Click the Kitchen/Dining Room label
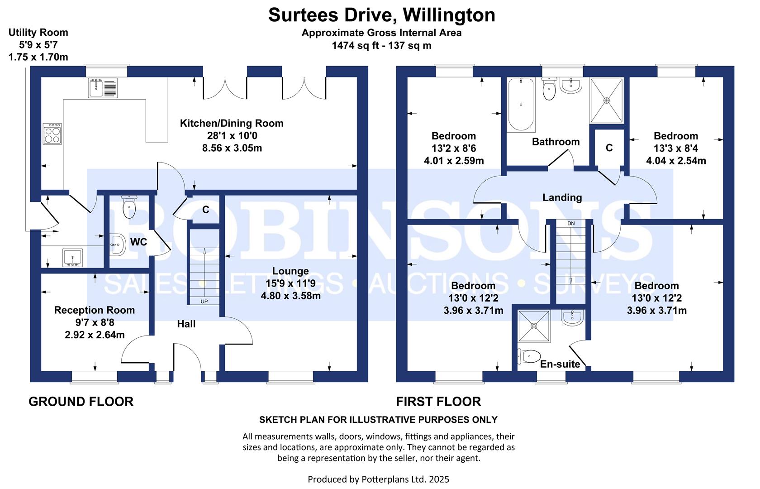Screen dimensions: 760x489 click(232, 123)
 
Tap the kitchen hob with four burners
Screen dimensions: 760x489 click(52, 134)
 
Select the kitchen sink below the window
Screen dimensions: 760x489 click(103, 88)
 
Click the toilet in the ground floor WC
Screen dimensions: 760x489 click(129, 206)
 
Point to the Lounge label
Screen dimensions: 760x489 click(290, 271)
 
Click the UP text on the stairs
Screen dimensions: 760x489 click(204, 302)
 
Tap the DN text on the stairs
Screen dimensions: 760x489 click(571, 224)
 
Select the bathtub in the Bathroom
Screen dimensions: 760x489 click(521, 105)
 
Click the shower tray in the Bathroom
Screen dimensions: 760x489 click(607, 101)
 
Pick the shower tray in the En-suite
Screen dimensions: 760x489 click(534, 326)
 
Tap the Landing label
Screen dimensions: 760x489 click(562, 197)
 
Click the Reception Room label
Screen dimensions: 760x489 click(94, 310)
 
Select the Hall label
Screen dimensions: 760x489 click(186, 324)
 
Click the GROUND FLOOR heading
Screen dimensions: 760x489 click(81, 402)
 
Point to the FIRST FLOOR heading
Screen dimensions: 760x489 click(438, 402)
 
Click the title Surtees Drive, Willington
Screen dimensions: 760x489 click(382, 15)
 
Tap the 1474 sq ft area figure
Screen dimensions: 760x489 click(355, 45)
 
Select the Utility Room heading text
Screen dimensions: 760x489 click(38, 33)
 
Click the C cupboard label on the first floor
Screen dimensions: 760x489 click(609, 148)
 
